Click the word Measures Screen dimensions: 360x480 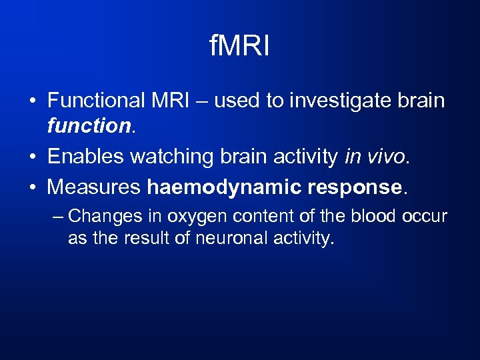[x=94, y=188]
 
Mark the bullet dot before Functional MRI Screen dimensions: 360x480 [x=32, y=101]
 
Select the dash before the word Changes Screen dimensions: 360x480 [x=58, y=217]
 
